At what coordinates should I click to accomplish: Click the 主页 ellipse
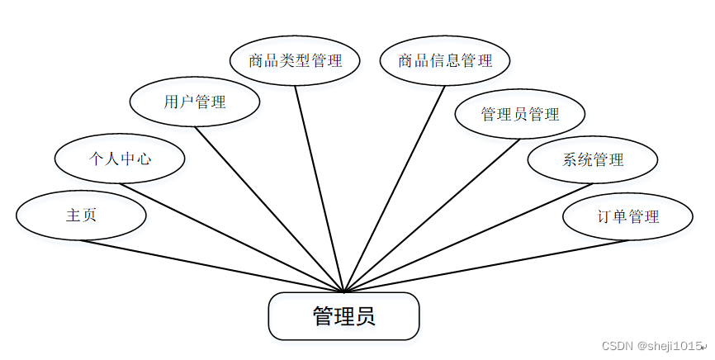point(81,216)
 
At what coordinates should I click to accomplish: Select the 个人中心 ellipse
point(119,159)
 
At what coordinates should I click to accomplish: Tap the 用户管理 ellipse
point(195,102)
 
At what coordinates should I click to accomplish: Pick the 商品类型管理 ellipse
point(295,60)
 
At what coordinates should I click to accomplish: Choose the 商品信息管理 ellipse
point(445,60)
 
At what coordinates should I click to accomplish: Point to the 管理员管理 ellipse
point(520,114)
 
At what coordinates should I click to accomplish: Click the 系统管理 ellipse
point(593,159)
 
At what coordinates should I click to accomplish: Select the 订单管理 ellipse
point(627,216)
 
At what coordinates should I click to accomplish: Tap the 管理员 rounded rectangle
point(344,316)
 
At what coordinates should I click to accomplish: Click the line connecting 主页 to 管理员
point(212,266)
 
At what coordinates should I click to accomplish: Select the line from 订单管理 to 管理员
point(485,266)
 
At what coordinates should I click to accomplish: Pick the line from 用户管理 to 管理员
point(269,208)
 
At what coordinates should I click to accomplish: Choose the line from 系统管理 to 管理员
point(468,237)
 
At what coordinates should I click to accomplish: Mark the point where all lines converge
point(343,291)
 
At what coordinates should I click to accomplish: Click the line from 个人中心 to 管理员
point(231,237)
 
